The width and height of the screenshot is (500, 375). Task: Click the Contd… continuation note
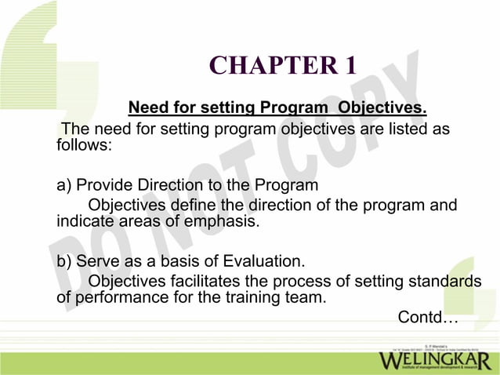(427, 318)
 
